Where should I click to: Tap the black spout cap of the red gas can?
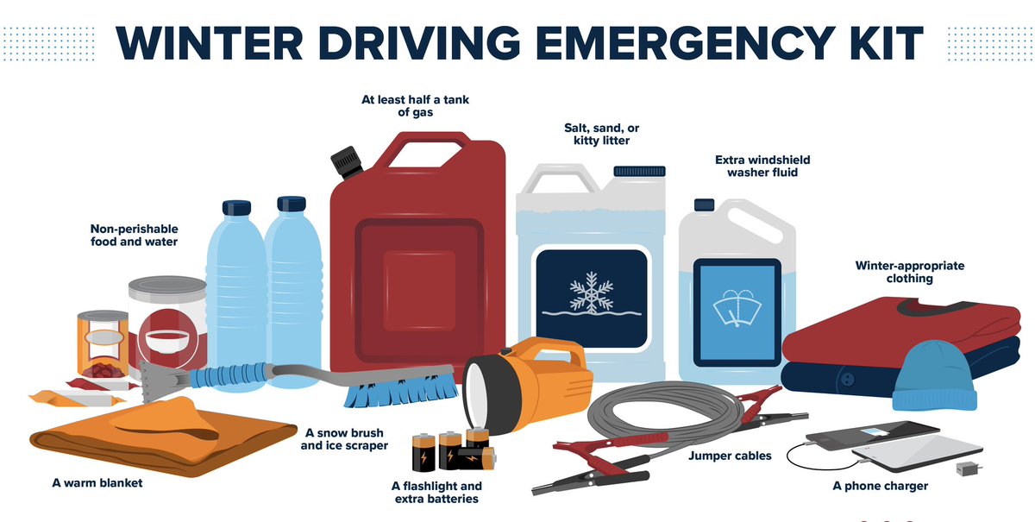point(347,162)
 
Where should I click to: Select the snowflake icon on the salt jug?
point(592,292)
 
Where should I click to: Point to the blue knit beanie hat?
point(934,377)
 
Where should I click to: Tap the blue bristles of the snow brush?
point(400,391)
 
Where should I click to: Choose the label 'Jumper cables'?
point(730,456)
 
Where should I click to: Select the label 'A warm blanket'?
point(97,483)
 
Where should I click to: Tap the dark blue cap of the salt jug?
point(639,171)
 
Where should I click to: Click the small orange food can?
point(103,344)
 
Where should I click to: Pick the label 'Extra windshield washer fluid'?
point(762,166)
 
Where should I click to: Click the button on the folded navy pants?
point(847,379)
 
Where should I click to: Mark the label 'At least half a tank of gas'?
point(415,106)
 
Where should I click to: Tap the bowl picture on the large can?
point(166,341)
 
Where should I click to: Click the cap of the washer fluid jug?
point(704,204)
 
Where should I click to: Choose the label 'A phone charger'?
point(881,486)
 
